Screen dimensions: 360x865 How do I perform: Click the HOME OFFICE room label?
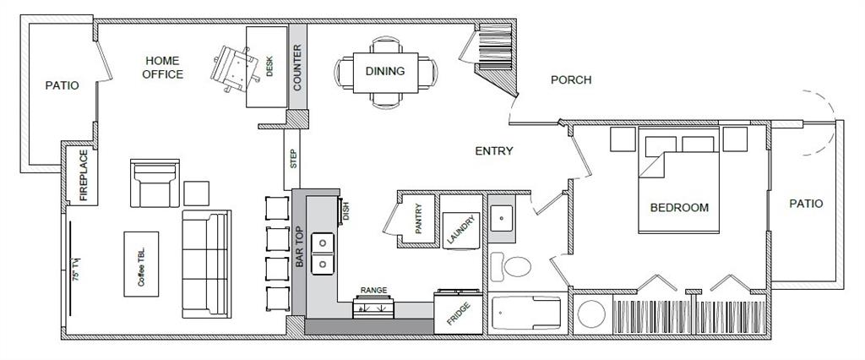tap(163, 68)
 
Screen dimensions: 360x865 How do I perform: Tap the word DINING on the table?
tap(384, 71)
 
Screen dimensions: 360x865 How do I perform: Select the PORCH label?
tap(571, 80)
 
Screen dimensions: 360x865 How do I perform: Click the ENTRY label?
tap(494, 151)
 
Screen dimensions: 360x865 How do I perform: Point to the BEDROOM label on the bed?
tap(679, 207)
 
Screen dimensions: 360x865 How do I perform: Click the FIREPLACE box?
tap(84, 175)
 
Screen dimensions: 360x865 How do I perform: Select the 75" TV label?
tap(75, 268)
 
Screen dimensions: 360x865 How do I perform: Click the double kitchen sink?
tap(321, 254)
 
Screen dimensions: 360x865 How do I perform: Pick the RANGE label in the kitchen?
tap(373, 290)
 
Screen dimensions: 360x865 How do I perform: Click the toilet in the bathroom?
tap(510, 266)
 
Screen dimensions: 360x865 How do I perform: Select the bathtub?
tap(525, 315)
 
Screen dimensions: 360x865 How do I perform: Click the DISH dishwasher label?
tap(345, 210)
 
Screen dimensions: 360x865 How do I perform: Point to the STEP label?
tap(293, 159)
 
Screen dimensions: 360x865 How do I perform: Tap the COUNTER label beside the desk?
tap(297, 68)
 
